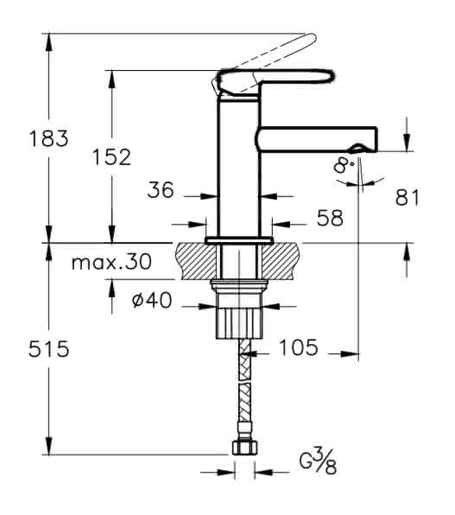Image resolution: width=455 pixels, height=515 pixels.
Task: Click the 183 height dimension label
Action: tap(48, 138)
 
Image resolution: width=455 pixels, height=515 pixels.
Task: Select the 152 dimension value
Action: tap(111, 157)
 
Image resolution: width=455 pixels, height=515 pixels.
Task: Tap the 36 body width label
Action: tap(161, 190)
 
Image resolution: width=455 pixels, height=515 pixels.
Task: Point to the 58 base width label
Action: tap(330, 218)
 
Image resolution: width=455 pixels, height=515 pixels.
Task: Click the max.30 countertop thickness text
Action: tap(112, 262)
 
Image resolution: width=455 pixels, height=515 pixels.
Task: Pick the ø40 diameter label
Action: tap(152, 300)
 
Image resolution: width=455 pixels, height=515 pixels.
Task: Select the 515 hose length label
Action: tap(49, 349)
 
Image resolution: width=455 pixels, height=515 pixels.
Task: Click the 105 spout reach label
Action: tap(299, 347)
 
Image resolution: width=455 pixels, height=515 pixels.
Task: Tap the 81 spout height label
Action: tap(408, 198)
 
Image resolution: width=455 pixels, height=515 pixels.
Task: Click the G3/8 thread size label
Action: tap(318, 461)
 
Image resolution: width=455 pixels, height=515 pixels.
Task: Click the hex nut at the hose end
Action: tap(245, 447)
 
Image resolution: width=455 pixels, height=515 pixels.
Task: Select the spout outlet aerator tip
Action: tap(357, 149)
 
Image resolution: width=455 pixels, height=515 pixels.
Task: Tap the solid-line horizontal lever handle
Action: tap(275, 80)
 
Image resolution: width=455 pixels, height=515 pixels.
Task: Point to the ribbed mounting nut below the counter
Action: tap(240, 322)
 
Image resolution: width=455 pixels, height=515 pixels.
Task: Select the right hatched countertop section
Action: tap(281, 261)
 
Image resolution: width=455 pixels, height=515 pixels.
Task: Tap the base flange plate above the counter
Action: tap(239, 240)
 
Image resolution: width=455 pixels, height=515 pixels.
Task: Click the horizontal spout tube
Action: tap(317, 139)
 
